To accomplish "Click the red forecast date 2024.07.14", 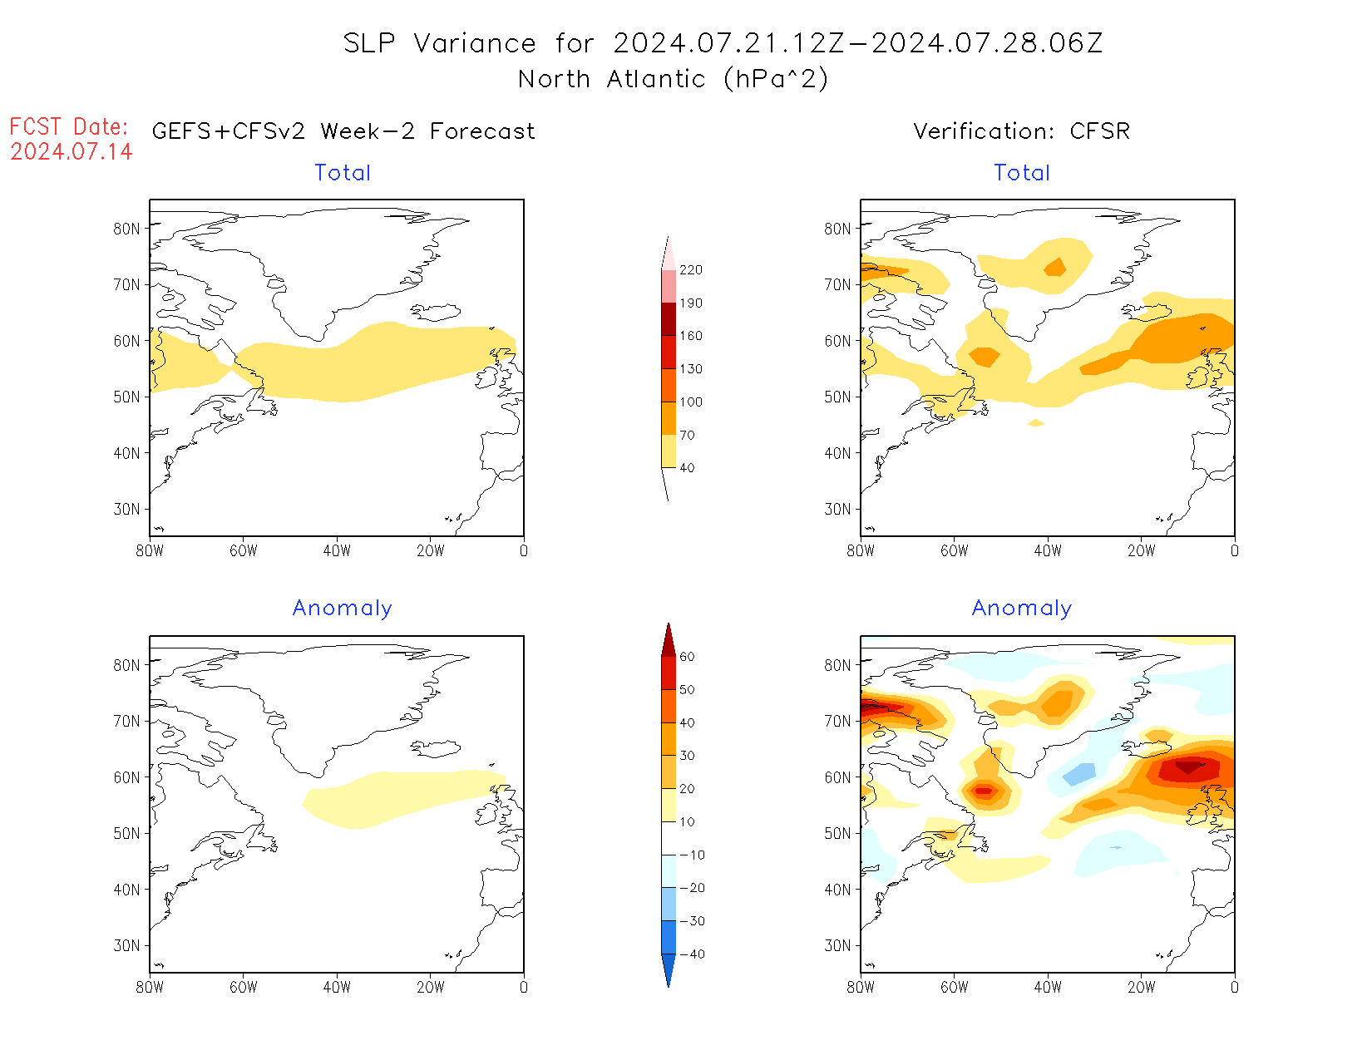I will [x=72, y=151].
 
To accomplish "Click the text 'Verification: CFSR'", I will [x=1021, y=131].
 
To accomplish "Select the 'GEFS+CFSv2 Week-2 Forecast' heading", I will [x=343, y=131].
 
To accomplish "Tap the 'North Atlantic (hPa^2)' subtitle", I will [x=673, y=79].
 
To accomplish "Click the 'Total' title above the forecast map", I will [x=343, y=173].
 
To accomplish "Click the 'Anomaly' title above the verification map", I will [x=1021, y=609].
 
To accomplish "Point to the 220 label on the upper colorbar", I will [x=690, y=270].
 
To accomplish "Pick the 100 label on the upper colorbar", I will [x=690, y=402].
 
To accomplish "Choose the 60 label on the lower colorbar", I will [x=687, y=657].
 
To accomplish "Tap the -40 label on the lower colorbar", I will [x=691, y=954].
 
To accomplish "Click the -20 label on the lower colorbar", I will [x=691, y=888].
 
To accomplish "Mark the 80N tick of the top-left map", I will [x=127, y=229].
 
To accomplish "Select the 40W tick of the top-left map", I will [x=337, y=550].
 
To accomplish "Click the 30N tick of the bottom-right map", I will [x=838, y=945].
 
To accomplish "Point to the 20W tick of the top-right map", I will [x=1141, y=550].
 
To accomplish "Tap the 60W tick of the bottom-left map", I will [x=243, y=987].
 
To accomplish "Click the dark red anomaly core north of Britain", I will [x=1188, y=767].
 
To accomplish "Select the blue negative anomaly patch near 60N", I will [x=1079, y=775].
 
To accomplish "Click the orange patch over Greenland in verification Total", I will [x=1055, y=267].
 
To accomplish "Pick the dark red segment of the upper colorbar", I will [x=669, y=319].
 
